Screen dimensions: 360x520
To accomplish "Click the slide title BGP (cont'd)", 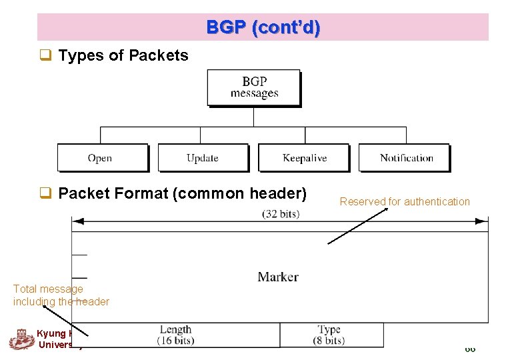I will click(x=263, y=27).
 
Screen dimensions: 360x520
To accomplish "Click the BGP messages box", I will click(x=253, y=87).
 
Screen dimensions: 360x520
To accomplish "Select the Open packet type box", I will click(x=101, y=158).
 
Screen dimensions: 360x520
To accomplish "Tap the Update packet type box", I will click(x=203, y=158).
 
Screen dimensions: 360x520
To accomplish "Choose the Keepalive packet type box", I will click(x=303, y=158).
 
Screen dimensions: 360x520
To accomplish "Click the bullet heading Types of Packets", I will click(x=123, y=56).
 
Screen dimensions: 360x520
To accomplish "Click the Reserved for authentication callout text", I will click(x=405, y=201).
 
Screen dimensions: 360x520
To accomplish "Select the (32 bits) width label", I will click(x=281, y=214).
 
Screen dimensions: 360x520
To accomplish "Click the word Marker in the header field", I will click(x=278, y=276).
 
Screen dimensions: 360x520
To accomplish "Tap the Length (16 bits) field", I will click(x=175, y=335).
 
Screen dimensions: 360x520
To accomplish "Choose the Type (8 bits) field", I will click(x=329, y=335).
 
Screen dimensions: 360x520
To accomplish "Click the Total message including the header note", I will click(x=61, y=295).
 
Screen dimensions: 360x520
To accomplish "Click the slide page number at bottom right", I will click(x=470, y=349).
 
